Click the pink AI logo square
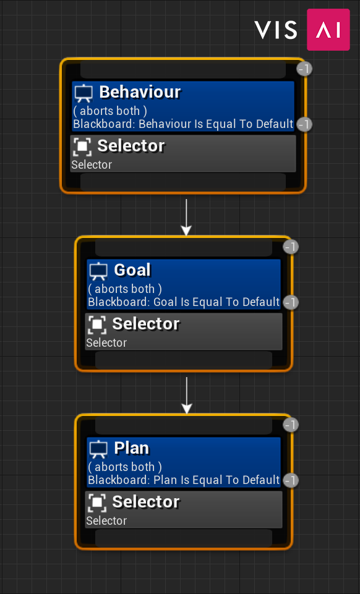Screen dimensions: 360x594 click(x=328, y=30)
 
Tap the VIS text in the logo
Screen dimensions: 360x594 click(x=276, y=30)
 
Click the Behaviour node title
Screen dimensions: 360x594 click(x=140, y=92)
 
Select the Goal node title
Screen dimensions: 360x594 click(x=132, y=270)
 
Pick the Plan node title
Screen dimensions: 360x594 click(x=132, y=448)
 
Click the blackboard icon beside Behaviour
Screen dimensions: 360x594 click(x=84, y=93)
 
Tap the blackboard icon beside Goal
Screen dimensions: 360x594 click(x=98, y=271)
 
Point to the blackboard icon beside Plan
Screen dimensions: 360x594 click(x=98, y=449)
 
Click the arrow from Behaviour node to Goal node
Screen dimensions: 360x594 click(x=186, y=218)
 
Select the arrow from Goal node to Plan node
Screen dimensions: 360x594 click(x=186, y=396)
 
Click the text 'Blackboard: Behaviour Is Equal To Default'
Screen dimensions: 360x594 click(x=184, y=124)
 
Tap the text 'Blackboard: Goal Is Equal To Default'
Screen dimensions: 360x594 click(x=184, y=302)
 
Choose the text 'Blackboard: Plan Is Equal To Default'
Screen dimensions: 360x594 click(x=184, y=480)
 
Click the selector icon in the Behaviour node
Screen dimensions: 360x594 click(x=82, y=146)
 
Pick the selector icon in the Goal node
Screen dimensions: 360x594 click(x=97, y=325)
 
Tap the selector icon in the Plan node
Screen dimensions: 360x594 click(x=97, y=503)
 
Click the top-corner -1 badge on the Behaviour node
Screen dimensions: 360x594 click(x=304, y=69)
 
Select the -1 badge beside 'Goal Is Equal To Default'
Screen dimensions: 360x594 click(x=291, y=302)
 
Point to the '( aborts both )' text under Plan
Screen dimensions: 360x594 click(x=125, y=467)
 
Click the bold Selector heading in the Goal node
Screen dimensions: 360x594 click(x=146, y=324)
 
